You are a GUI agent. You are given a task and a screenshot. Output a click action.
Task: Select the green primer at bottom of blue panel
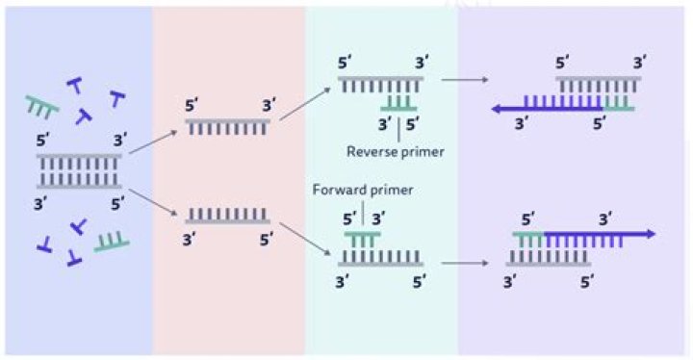click(x=112, y=242)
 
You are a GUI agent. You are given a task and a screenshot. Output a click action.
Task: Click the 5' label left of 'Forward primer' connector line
click(x=347, y=218)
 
